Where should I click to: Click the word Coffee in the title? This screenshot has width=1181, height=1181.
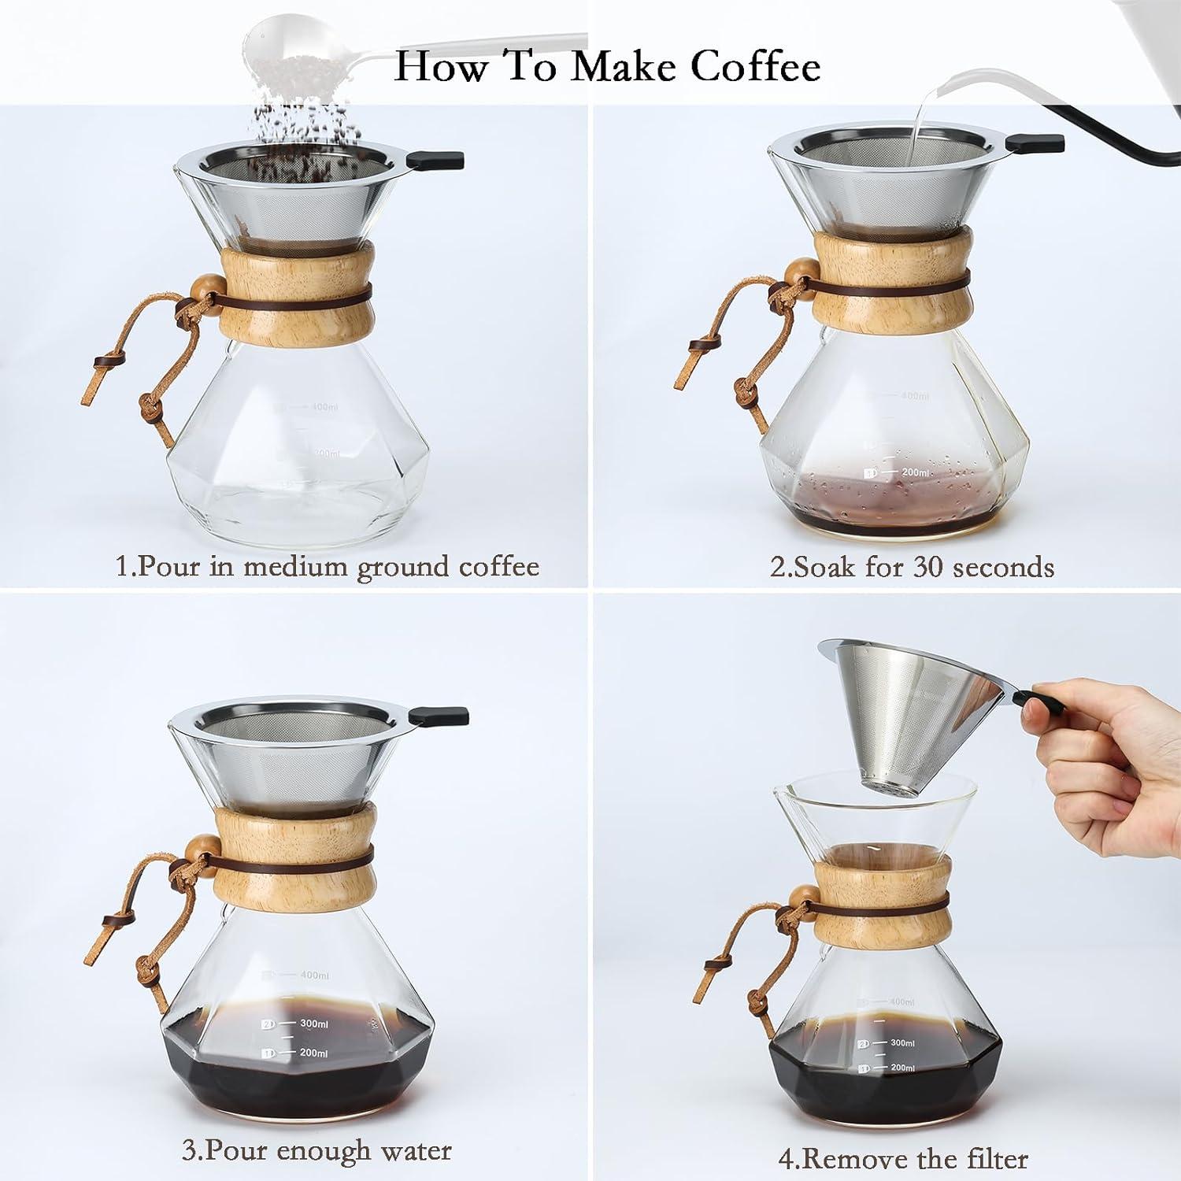[x=756, y=66]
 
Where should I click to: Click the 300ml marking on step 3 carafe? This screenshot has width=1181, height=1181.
[x=313, y=1024]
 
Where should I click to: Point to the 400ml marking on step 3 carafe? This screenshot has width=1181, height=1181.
[x=313, y=976]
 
